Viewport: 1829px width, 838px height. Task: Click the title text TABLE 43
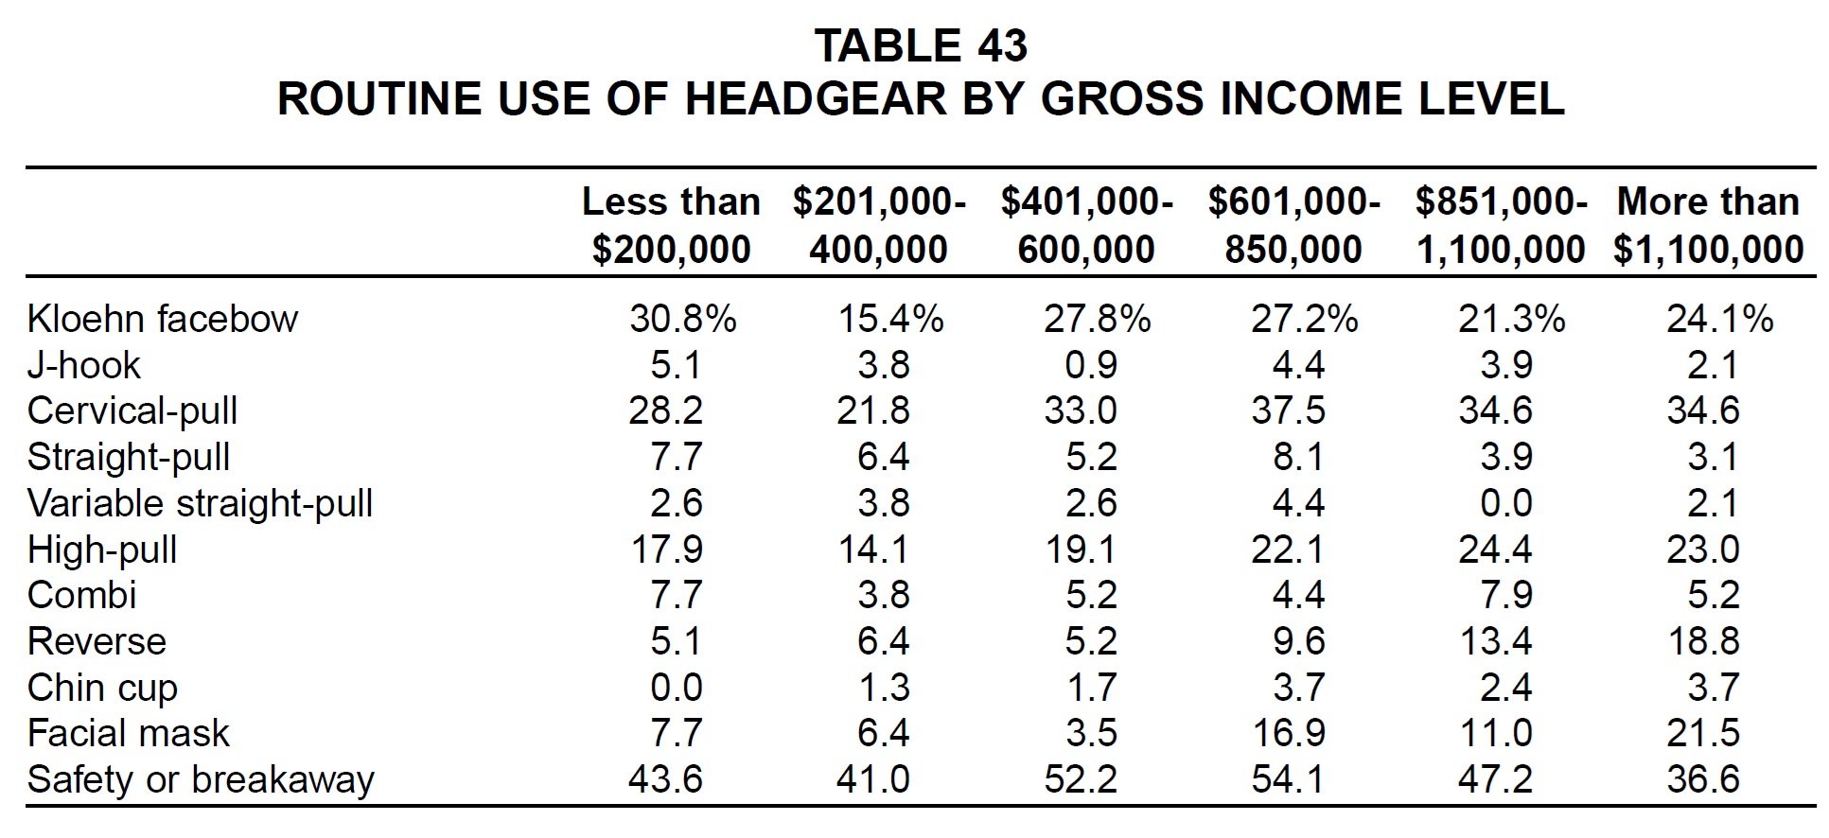pos(920,46)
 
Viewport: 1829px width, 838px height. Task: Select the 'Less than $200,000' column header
pos(671,225)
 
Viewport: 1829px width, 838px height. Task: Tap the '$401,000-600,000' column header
pos(1086,225)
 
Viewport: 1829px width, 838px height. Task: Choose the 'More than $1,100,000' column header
pos(1708,225)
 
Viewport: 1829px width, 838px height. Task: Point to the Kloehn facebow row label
pos(162,319)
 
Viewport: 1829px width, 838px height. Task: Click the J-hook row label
pos(83,365)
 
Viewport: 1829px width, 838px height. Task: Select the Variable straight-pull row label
pos(200,503)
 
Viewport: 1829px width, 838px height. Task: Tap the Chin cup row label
pos(102,688)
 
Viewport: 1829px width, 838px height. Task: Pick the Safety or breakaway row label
pos(201,779)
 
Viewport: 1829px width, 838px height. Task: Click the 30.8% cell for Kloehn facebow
pos(682,319)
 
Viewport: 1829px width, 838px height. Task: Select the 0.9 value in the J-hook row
pos(1091,365)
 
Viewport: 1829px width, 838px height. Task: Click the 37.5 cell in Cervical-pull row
pos(1288,410)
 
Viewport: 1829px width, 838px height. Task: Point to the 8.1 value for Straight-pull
pos(1298,457)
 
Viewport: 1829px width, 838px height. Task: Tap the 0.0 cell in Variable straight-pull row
pos(1506,503)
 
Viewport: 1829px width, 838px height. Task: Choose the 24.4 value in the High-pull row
pos(1495,549)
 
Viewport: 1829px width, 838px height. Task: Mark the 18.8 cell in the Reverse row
pos(1703,641)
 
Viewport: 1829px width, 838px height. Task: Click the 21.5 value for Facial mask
pos(1703,733)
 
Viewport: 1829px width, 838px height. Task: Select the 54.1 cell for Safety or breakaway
pos(1288,779)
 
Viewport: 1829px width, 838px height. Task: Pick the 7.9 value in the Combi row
pos(1506,595)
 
